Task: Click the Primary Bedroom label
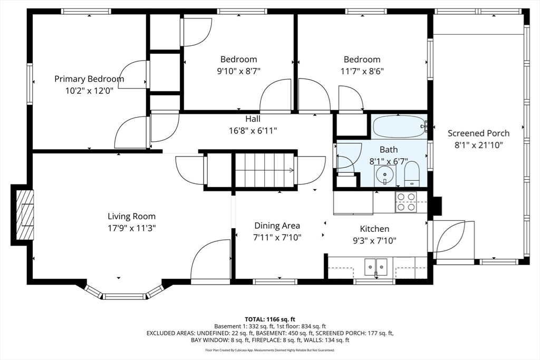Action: click(x=89, y=79)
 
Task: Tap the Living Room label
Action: click(x=131, y=216)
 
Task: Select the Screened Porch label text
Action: click(x=478, y=133)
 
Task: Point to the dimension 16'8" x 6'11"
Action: click(x=253, y=131)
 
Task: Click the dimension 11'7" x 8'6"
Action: click(x=362, y=71)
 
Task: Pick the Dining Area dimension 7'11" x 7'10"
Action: click(x=277, y=238)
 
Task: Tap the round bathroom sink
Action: click(x=385, y=175)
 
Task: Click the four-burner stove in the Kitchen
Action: click(x=406, y=202)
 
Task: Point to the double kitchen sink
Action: click(x=375, y=267)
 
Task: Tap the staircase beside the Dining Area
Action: click(x=265, y=170)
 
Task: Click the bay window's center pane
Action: click(x=124, y=296)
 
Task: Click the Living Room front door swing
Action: click(x=210, y=262)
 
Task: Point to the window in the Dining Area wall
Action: click(x=275, y=281)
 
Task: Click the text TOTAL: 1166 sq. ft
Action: click(x=269, y=319)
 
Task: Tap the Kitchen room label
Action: click(x=375, y=229)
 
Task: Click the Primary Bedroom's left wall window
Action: click(x=30, y=83)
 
